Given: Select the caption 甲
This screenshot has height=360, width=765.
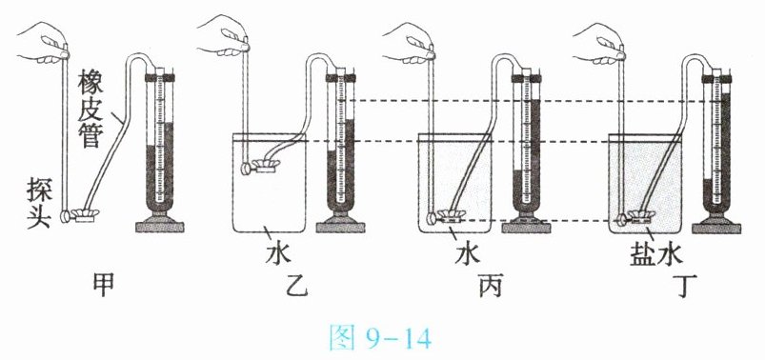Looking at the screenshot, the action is pos(104,285).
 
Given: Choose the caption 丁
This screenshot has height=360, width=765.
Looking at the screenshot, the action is pos(685,285).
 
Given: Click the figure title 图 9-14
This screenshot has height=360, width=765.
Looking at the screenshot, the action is pos(380,338).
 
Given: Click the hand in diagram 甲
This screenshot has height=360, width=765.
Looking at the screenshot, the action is pos(43,43).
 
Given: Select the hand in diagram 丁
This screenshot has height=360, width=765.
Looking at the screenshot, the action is pos(599,43).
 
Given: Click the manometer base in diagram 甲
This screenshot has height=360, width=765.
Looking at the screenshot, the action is pos(159,225).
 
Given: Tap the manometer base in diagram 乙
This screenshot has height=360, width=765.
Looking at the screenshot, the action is pos(340,225).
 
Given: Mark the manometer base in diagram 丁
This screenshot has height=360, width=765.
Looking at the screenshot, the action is pos(716,225).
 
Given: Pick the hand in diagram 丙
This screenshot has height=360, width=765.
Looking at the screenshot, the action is pos(409,43).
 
